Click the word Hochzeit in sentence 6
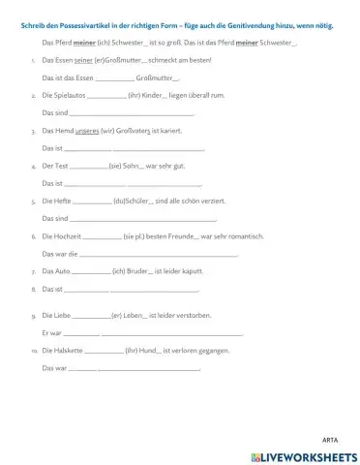click(67, 235)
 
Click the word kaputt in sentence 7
click(192, 270)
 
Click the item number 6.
click(34, 235)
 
